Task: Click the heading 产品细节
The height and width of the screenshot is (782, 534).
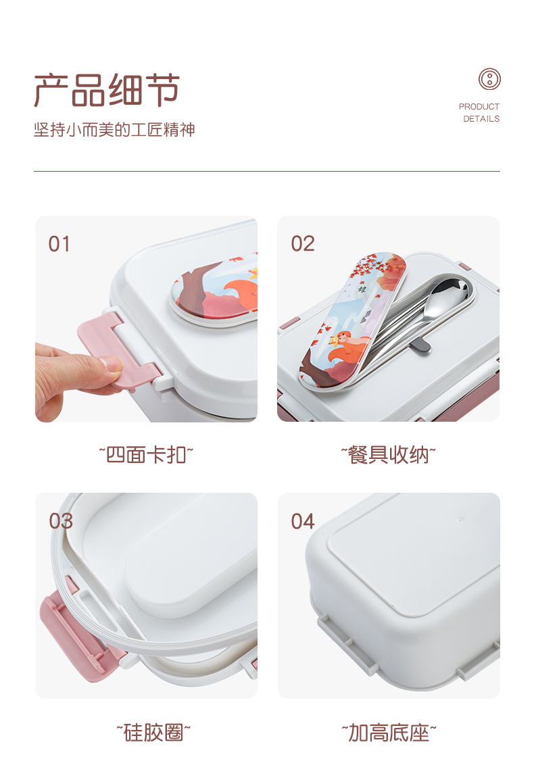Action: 107,91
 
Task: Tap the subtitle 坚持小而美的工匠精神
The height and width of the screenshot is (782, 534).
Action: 114,130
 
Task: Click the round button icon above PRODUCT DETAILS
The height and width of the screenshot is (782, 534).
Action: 489,79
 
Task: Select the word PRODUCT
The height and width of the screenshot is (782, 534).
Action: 479,107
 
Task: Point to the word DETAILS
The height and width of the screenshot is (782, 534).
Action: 481,119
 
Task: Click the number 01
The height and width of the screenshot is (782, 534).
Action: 59,245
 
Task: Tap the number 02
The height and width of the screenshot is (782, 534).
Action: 303,244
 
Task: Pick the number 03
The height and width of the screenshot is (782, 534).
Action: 61,521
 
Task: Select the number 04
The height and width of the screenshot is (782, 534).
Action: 303,522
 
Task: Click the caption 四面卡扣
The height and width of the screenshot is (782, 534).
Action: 146,455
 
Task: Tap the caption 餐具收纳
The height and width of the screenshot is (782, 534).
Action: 389,455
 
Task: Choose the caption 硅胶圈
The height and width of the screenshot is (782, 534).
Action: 153,733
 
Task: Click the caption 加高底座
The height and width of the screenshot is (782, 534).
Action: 389,733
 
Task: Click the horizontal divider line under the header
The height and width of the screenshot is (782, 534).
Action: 267,171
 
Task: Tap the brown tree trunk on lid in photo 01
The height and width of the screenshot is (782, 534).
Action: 191,290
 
